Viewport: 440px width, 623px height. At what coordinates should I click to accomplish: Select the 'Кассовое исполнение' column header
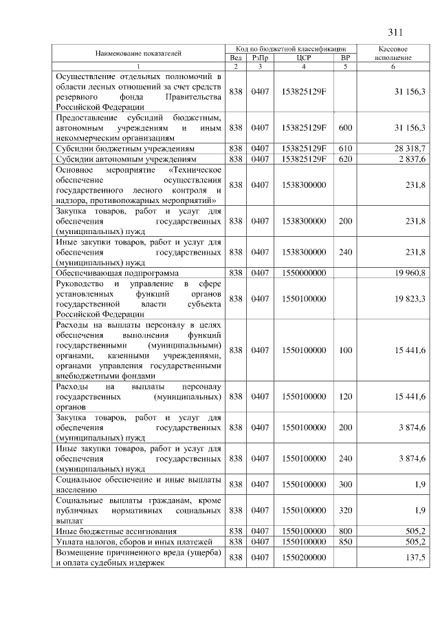[x=394, y=54]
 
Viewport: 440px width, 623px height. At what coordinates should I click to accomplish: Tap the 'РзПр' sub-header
[x=259, y=58]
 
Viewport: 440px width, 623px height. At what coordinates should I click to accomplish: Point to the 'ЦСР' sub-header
[x=303, y=58]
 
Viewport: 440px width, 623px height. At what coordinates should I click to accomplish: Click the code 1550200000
[x=303, y=557]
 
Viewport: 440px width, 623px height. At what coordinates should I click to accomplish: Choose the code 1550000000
[x=303, y=273]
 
